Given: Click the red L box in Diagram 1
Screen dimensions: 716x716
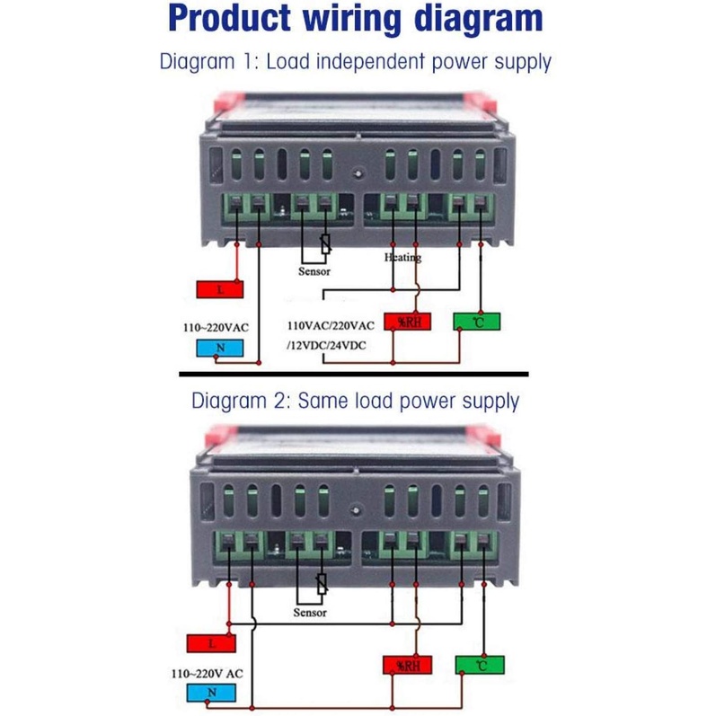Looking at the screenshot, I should coord(219,288).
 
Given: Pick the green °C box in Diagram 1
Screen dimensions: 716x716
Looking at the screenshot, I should coord(476,321).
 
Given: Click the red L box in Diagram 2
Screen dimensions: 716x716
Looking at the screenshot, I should coord(211,643).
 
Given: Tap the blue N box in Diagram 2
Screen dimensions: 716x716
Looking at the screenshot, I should coord(211,692).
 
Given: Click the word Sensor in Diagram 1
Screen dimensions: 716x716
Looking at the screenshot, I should coord(314,270).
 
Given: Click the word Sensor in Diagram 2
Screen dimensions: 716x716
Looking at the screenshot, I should coord(310,613).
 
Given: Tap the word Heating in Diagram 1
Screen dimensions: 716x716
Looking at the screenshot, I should coord(402,257).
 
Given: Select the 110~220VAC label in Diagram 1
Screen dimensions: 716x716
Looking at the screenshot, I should coord(217,328).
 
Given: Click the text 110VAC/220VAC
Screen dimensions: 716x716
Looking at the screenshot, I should coord(330,326).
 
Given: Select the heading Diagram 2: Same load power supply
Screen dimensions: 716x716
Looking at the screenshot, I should coord(356,400).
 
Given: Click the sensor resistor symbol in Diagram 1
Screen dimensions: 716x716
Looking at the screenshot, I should coord(325,243).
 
